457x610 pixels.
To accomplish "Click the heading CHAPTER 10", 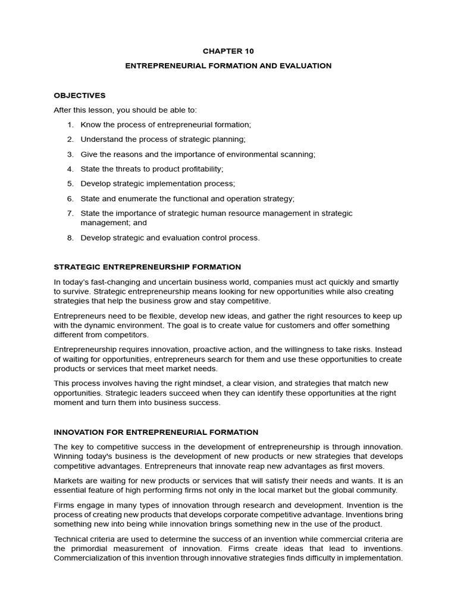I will pos(228,51).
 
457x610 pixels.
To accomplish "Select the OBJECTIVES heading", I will pos(79,95).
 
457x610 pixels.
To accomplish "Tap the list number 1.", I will pos(70,125).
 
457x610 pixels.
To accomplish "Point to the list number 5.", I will pos(70,183).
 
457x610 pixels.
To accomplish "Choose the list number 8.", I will pos(70,238).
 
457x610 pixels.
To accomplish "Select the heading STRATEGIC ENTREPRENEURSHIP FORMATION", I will pos(147,267).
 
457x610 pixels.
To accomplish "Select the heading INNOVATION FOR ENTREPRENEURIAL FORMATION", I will pos(156,432).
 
